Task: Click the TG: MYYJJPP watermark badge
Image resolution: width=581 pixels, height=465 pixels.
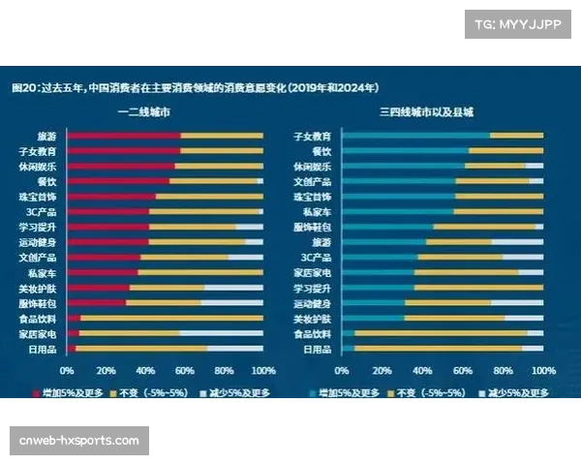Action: [x=518, y=24]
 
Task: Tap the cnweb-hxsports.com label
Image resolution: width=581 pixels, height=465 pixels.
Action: [x=79, y=441]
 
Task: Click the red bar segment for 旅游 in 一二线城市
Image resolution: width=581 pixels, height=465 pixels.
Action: [x=124, y=136]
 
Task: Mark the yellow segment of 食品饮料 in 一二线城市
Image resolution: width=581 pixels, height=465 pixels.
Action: [x=171, y=318]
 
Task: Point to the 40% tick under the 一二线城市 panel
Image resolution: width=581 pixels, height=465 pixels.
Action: [x=145, y=371]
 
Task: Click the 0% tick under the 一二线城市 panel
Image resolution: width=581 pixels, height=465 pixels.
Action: [x=67, y=371]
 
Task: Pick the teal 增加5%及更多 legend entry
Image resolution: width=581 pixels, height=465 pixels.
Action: [x=344, y=393]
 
